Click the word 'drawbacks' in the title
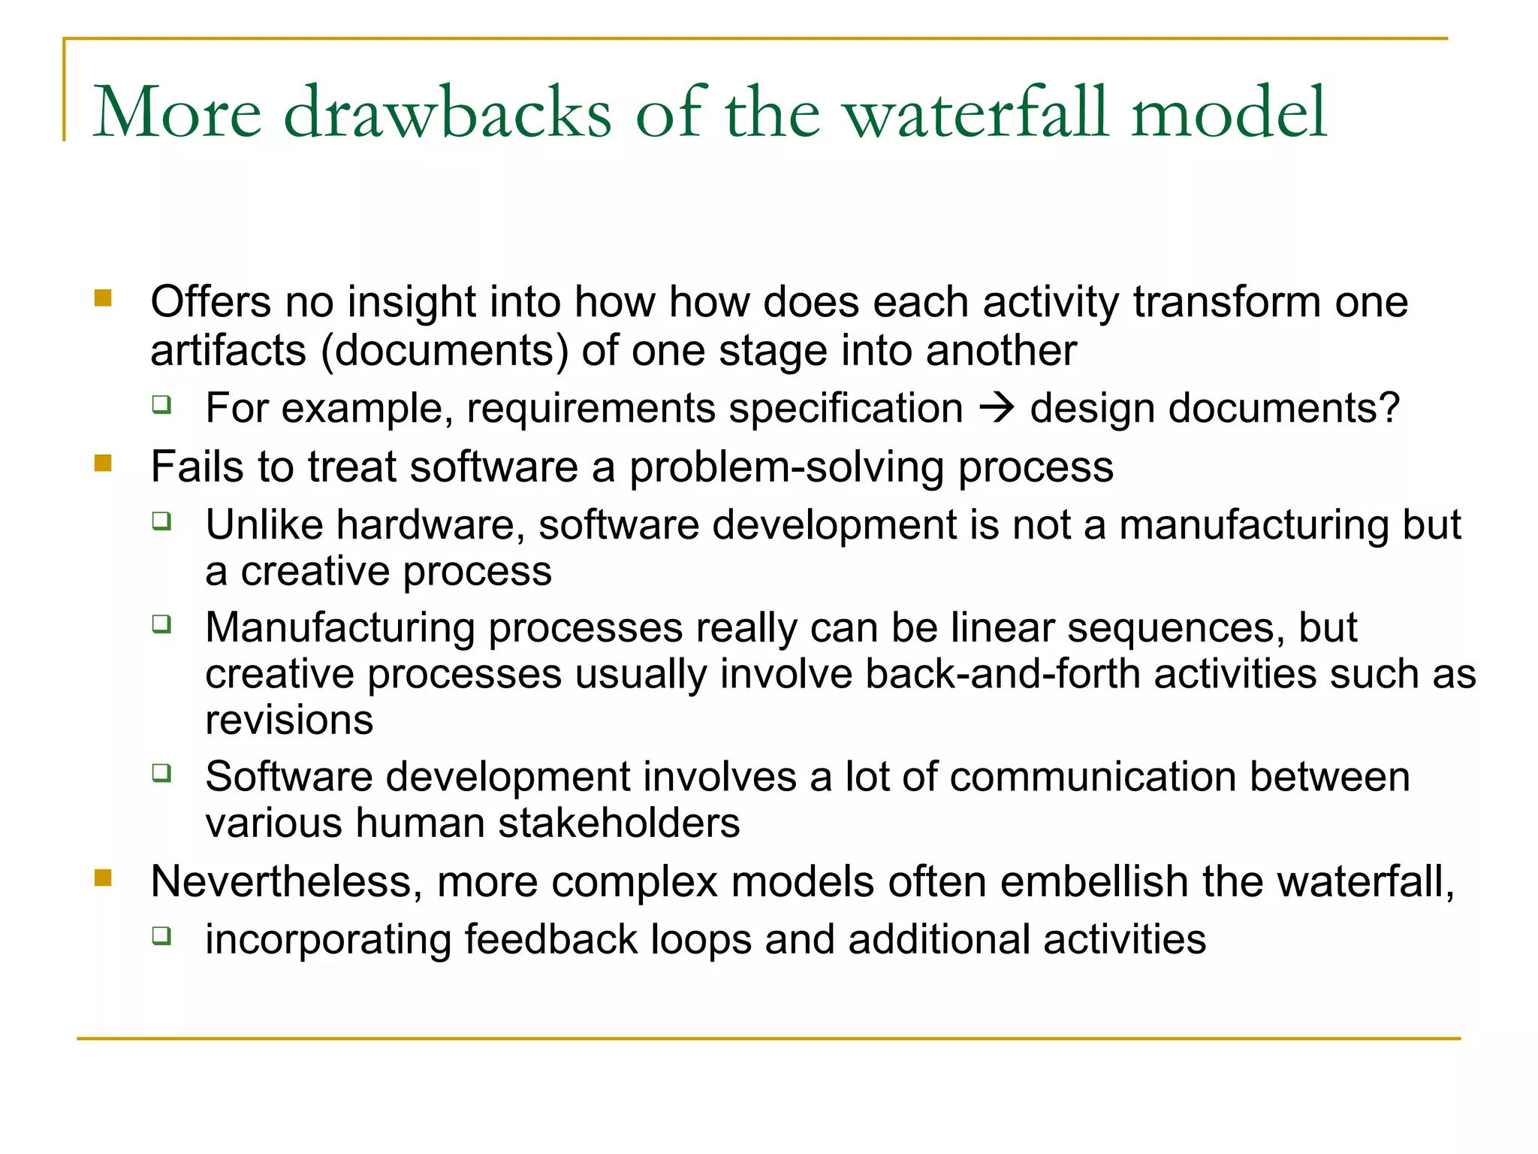448,113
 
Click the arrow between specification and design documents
997,408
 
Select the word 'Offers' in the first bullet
211,302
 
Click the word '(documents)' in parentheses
445,351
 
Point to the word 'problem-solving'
786,467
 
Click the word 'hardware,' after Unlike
430,524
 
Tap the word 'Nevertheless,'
286,881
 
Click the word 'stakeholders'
619,823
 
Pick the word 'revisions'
289,720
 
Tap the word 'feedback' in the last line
550,940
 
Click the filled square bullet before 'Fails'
103,463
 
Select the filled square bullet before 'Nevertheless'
103,878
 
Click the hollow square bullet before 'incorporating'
161,935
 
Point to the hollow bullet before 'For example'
161,405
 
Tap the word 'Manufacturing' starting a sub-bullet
340,628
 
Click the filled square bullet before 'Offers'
103,298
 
